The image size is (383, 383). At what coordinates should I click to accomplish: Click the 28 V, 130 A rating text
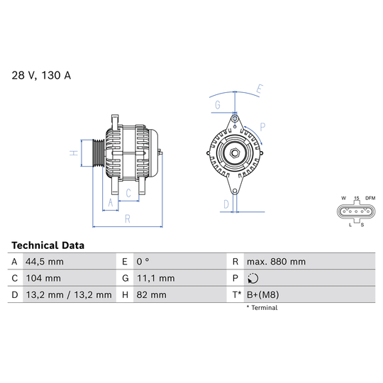pyautogui.click(x=41, y=75)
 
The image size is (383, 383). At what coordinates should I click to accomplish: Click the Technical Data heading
pyautogui.click(x=48, y=245)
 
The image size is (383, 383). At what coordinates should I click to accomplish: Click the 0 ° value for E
pyautogui.click(x=142, y=262)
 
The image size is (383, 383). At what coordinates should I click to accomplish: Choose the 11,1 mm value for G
pyautogui.click(x=150, y=278)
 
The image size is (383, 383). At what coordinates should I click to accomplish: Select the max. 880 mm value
pyautogui.click(x=276, y=262)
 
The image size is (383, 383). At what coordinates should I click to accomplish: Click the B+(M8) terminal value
pyautogui.click(x=263, y=294)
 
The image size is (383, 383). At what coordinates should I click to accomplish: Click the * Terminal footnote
pyautogui.click(x=262, y=308)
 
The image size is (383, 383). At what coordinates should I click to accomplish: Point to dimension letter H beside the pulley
pyautogui.click(x=73, y=152)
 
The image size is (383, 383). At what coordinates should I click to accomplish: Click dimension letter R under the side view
pyautogui.click(x=127, y=219)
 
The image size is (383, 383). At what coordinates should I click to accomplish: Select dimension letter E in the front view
pyautogui.click(x=260, y=90)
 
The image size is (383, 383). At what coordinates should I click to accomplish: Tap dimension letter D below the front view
pyautogui.click(x=226, y=205)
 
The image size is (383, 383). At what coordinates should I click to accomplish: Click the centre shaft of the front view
pyautogui.click(x=233, y=152)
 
